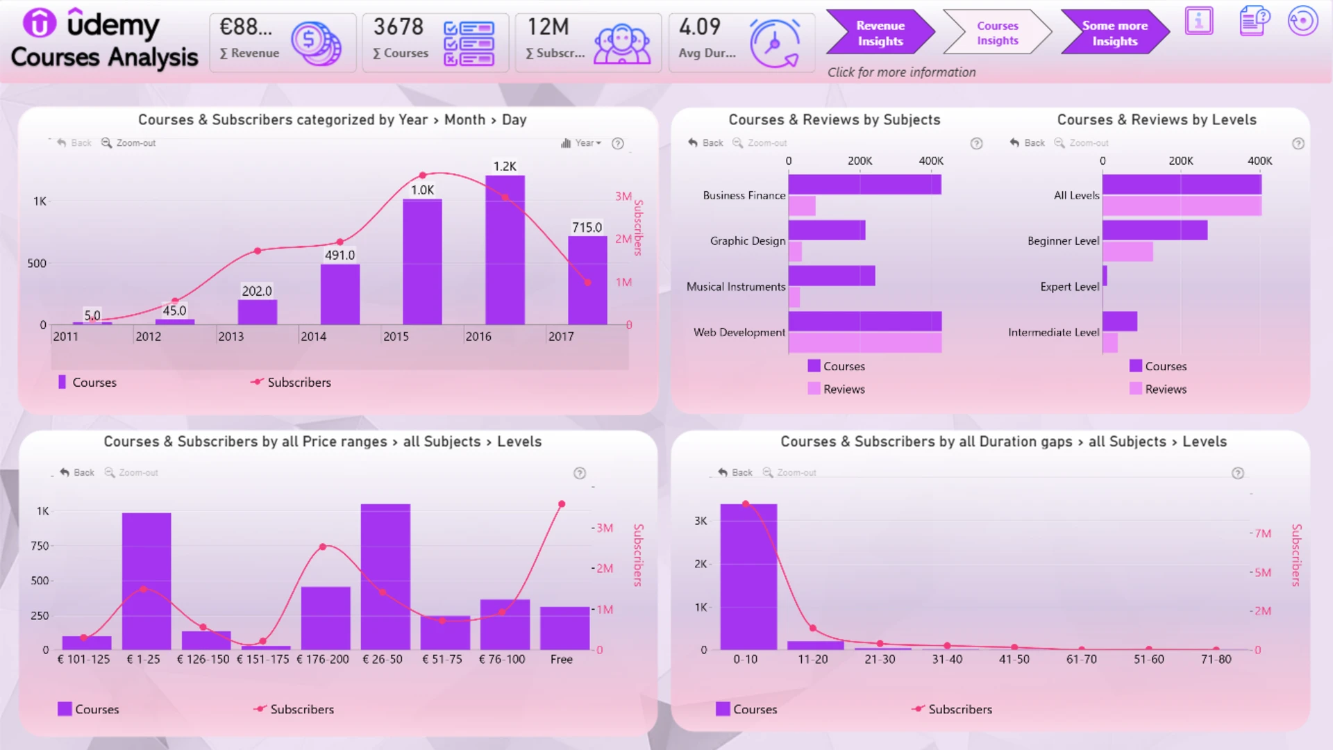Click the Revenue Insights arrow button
[880, 33]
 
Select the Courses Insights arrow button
[997, 33]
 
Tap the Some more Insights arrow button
[1114, 33]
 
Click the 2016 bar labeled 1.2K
[505, 250]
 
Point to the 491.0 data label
[339, 255]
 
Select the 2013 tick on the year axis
[231, 336]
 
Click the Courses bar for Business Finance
[864, 185]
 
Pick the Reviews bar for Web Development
[865, 342]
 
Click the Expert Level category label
[1069, 287]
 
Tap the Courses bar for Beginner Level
[1155, 230]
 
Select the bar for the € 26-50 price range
[385, 577]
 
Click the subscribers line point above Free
[562, 504]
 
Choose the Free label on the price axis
[562, 659]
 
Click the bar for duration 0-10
[748, 577]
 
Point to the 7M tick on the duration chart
[1263, 533]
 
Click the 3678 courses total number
[399, 27]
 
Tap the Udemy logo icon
[40, 23]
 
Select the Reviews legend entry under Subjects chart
[837, 389]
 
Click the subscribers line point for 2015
[422, 175]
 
